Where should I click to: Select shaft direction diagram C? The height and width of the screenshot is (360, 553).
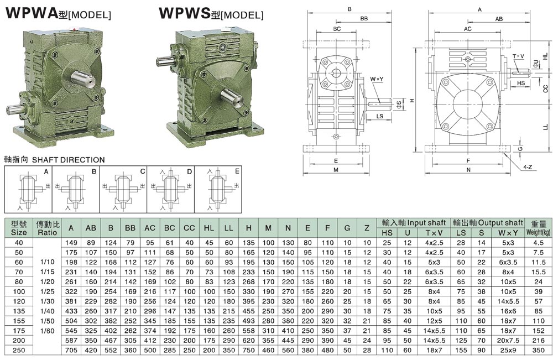(123, 189)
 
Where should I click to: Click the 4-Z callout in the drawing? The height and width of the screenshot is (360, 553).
(528, 166)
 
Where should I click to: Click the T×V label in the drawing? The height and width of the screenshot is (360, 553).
(519, 56)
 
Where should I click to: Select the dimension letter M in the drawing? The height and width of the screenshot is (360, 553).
(336, 170)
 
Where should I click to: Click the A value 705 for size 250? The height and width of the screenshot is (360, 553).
(71, 351)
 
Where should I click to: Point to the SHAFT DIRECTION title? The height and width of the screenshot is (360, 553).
(54, 160)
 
